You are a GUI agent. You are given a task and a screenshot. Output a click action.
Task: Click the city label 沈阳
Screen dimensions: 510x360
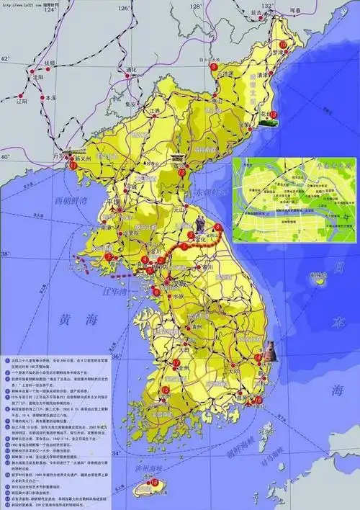pos(32,77)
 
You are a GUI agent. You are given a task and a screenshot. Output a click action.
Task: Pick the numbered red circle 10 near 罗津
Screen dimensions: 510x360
pos(283,45)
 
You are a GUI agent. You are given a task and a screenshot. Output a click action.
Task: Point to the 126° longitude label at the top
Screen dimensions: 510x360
pos(123,9)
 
